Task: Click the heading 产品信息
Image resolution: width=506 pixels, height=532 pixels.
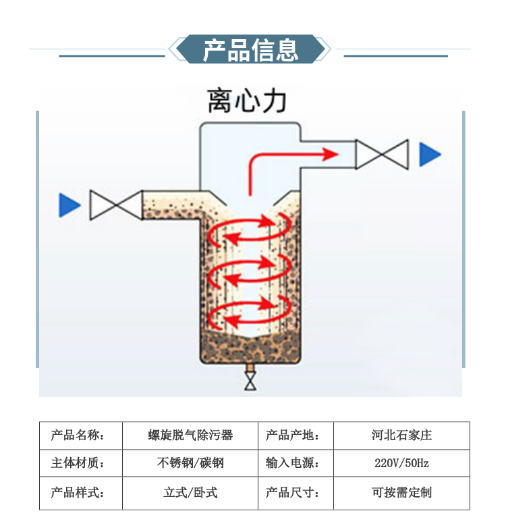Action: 250,51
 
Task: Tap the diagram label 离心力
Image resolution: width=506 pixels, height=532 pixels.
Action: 247,103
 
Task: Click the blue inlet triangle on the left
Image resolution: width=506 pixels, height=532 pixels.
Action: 69,205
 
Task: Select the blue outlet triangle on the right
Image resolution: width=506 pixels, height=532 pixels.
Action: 429,155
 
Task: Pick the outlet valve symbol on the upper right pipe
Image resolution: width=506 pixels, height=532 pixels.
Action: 383,155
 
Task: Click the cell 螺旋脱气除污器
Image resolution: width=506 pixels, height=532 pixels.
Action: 190,435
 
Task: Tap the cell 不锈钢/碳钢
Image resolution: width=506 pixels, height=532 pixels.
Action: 190,464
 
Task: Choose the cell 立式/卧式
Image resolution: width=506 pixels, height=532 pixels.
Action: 190,493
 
